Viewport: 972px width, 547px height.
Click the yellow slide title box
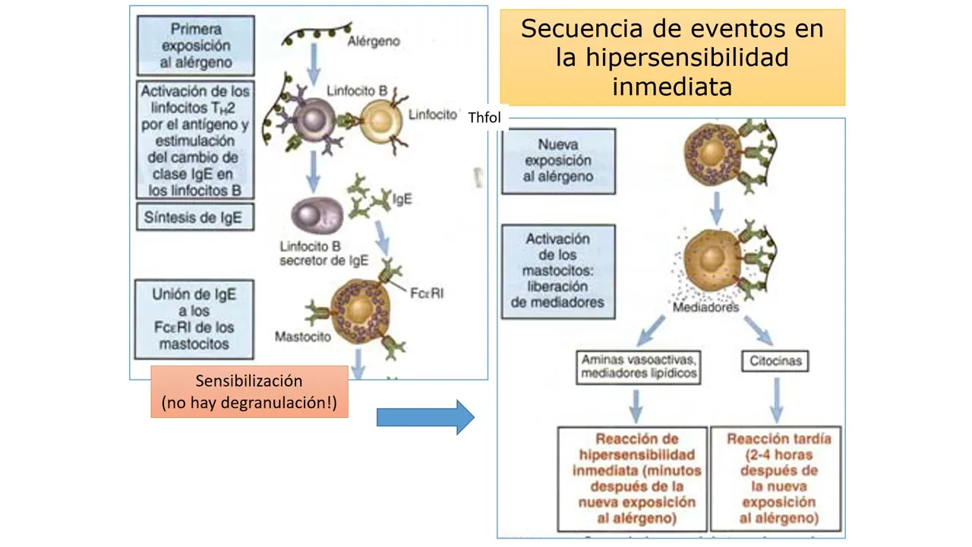(x=672, y=57)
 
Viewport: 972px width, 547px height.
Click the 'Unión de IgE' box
(x=194, y=319)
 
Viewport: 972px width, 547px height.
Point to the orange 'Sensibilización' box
(x=249, y=391)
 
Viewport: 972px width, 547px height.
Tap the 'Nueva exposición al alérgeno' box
(x=558, y=160)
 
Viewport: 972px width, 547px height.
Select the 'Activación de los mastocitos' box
(x=558, y=271)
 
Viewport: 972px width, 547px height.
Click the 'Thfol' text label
(x=484, y=119)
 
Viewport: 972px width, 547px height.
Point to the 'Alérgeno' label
(x=373, y=40)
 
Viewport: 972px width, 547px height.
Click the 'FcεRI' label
(x=428, y=292)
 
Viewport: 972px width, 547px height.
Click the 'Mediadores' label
(x=705, y=308)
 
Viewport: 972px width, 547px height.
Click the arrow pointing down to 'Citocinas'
(x=759, y=328)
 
